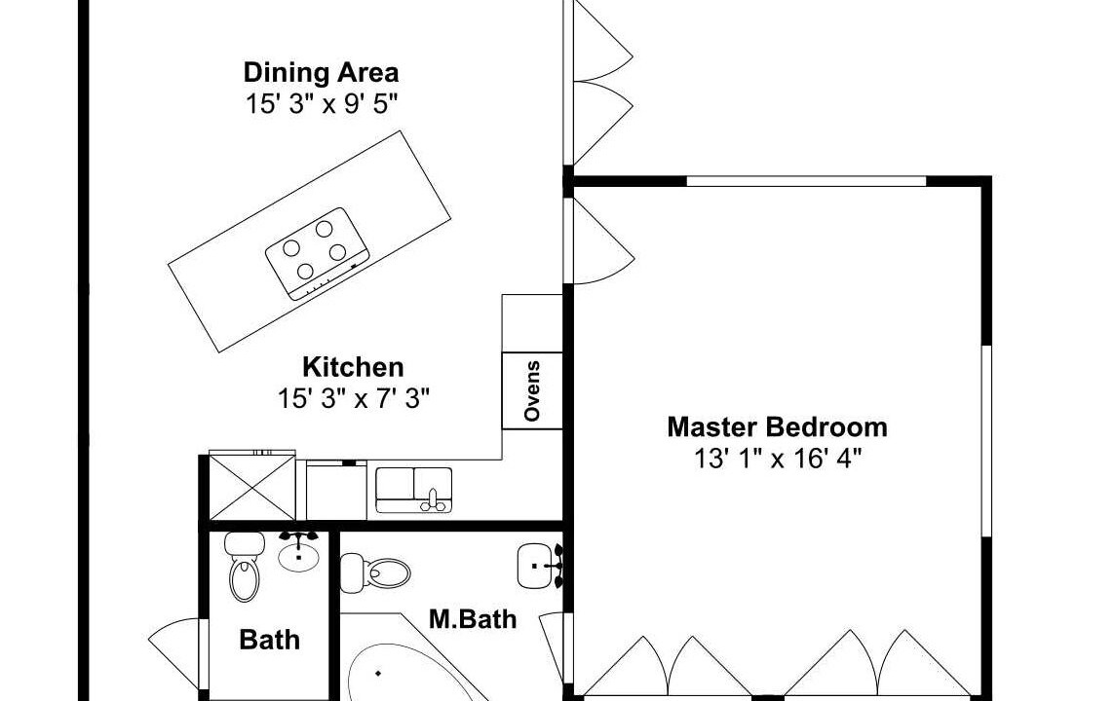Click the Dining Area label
321,72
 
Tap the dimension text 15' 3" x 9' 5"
321,104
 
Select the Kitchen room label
353,367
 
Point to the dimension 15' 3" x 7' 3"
354,399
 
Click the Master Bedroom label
777,427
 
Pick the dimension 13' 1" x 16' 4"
777,459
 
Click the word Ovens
532,391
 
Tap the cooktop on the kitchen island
318,253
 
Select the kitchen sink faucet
433,500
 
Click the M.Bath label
473,619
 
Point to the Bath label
269,640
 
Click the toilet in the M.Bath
375,572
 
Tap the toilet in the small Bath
245,568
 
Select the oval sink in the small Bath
298,553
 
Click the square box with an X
252,488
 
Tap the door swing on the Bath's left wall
175,652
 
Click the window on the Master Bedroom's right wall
986,441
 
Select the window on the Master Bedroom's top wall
806,182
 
